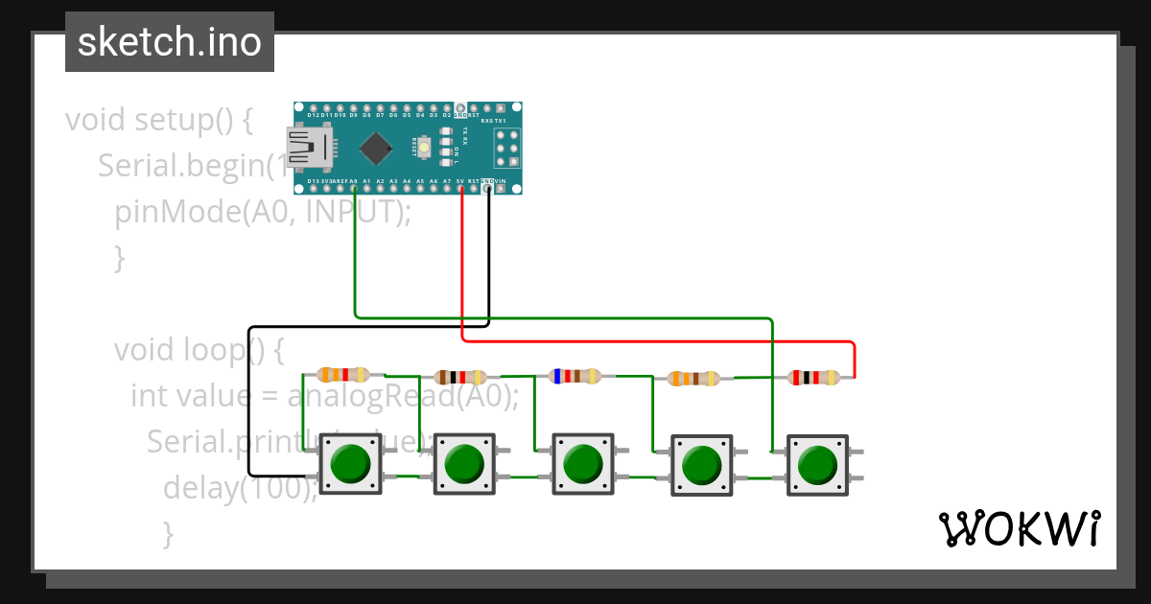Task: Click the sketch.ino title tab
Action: pos(169,42)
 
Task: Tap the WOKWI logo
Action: pos(1018,528)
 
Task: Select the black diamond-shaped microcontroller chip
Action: pos(377,148)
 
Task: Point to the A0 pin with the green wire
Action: pos(354,188)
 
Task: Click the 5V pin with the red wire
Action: pos(461,188)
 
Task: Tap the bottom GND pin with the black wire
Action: pos(488,188)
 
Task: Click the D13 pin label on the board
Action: pos(313,180)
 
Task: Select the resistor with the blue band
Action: pos(575,376)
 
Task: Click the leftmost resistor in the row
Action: pos(342,375)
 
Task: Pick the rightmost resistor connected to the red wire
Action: pos(813,378)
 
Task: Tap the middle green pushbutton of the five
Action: pos(582,464)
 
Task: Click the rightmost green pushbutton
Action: pos(817,465)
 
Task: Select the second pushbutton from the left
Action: pos(464,464)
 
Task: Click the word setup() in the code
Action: pos(193,121)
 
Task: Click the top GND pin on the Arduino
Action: pos(460,107)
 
